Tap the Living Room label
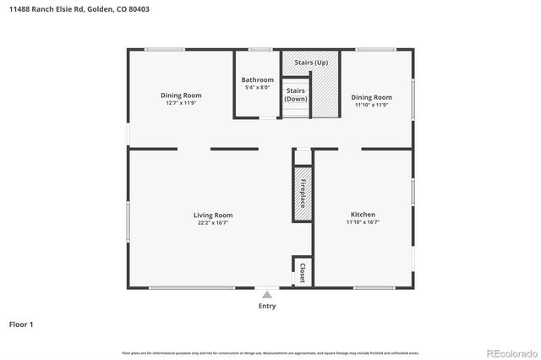(213, 215)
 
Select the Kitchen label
(363, 215)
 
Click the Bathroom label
(258, 80)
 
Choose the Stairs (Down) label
(296, 95)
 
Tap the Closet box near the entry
(303, 271)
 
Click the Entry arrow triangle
(267, 295)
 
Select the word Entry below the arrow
(267, 306)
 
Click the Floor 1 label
(21, 324)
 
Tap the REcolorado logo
(510, 352)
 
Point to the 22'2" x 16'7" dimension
(213, 223)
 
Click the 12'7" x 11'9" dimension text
(181, 103)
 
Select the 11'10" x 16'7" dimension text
(363, 222)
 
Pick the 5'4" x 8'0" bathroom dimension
(258, 88)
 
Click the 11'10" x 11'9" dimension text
(372, 105)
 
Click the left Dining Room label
(181, 95)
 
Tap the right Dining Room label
(372, 97)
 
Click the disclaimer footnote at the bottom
(270, 352)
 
